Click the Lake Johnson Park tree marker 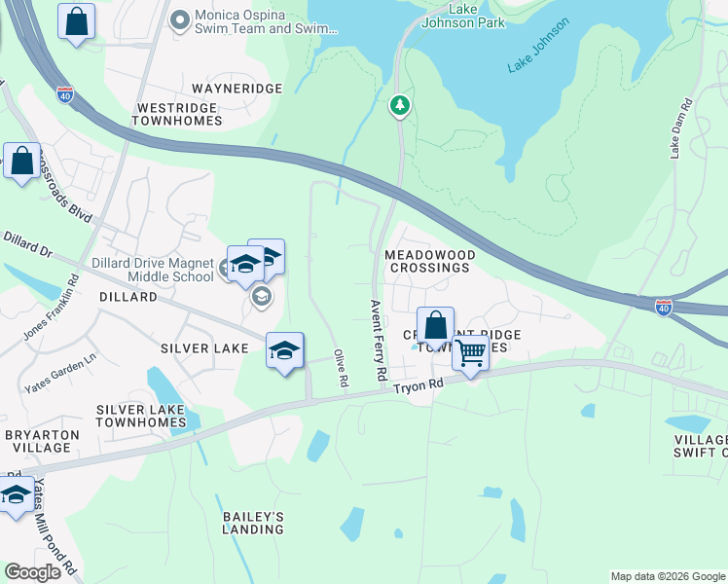(399, 105)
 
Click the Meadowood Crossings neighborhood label (430, 261)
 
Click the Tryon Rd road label (419, 386)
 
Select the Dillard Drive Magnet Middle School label (153, 270)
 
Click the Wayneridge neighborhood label (237, 89)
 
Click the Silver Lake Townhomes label (141, 417)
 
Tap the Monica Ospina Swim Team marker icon (179, 19)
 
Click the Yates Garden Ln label (60, 371)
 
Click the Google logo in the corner (33, 571)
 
